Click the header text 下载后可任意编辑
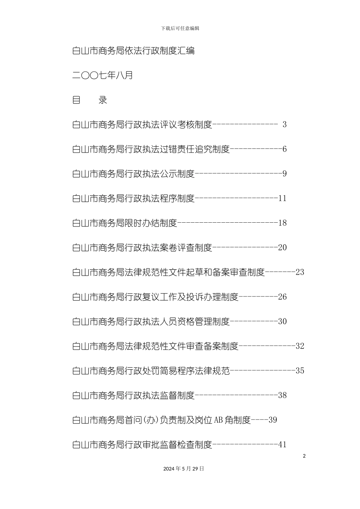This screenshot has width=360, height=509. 180,28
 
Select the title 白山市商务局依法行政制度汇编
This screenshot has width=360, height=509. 133,51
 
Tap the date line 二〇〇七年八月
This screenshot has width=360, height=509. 103,75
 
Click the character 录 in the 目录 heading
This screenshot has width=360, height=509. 103,100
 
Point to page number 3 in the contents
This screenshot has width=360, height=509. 285,125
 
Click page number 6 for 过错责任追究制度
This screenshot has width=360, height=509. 285,149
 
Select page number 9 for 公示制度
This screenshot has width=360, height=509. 285,173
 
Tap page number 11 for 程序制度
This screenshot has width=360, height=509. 282,198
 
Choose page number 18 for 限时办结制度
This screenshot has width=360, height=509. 282,223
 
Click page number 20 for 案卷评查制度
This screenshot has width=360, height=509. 282,247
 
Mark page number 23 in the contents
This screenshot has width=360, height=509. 300,272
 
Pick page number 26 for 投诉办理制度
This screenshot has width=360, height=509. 282,297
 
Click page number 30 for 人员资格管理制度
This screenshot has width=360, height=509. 282,321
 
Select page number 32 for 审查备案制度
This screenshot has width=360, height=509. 300,346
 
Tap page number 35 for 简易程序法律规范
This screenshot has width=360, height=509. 300,371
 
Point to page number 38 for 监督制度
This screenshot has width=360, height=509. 282,395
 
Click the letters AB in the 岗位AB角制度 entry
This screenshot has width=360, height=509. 218,420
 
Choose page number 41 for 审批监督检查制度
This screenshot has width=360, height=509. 282,445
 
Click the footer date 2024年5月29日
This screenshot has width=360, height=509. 183,468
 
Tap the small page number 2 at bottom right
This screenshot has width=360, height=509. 304,456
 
